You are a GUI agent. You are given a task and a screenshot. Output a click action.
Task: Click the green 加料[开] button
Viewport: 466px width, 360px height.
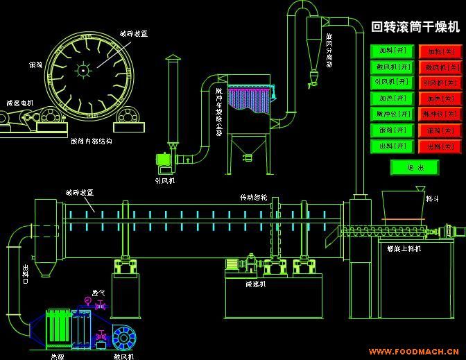click(x=392, y=51)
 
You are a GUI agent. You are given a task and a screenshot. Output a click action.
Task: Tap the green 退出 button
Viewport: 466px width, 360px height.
click(x=414, y=167)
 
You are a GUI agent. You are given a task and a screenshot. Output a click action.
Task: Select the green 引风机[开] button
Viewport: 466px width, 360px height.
click(x=392, y=83)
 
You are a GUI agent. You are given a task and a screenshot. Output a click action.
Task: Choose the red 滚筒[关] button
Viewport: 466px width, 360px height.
click(x=440, y=130)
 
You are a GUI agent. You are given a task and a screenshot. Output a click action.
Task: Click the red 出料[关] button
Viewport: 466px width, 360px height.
click(x=440, y=146)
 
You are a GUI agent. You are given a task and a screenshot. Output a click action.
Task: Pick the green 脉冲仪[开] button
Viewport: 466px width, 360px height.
click(x=392, y=114)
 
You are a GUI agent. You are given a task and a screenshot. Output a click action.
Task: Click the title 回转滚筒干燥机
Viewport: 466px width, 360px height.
click(x=415, y=27)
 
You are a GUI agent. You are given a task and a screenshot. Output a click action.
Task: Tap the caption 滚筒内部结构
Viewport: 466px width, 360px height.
click(x=92, y=141)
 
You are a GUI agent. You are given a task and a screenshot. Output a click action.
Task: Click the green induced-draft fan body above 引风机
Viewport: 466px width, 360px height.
click(x=164, y=161)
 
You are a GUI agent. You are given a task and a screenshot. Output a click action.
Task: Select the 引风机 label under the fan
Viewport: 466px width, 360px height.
click(x=164, y=180)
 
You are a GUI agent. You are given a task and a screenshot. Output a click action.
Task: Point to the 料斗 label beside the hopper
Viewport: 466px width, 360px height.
click(x=431, y=198)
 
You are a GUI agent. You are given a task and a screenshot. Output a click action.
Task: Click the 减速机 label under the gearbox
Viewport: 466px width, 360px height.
click(x=255, y=284)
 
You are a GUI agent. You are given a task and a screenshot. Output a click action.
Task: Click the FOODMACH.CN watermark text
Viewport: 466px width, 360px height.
click(x=424, y=350)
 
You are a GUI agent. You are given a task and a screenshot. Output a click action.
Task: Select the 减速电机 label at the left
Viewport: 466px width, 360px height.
click(x=19, y=103)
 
